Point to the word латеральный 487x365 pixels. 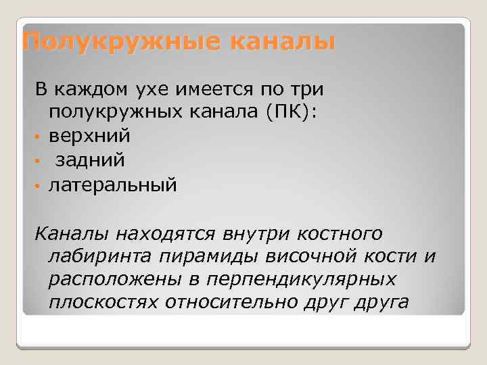112,185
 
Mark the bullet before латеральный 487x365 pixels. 39,186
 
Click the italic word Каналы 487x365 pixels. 73,234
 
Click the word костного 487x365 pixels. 335,234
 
